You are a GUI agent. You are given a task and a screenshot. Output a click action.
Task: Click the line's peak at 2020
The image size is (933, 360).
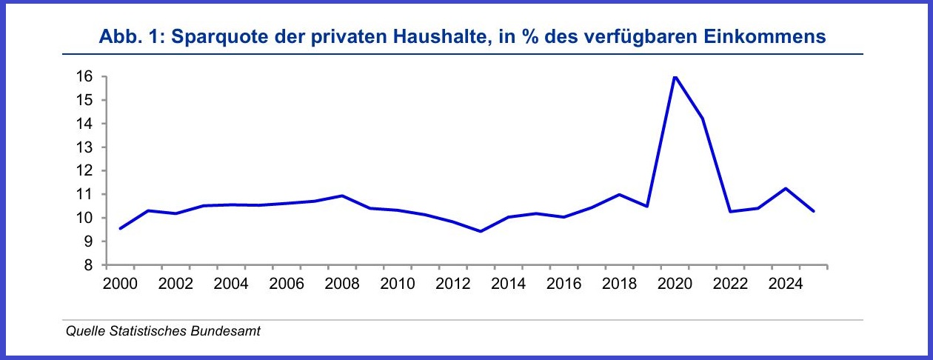[675, 76]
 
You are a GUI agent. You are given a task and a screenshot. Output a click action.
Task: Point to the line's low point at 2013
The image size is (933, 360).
[481, 231]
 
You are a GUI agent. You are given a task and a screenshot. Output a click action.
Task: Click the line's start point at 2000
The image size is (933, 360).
[120, 228]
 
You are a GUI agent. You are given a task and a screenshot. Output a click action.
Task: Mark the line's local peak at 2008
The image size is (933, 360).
[341, 196]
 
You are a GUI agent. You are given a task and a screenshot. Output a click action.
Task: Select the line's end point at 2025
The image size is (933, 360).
[813, 211]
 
